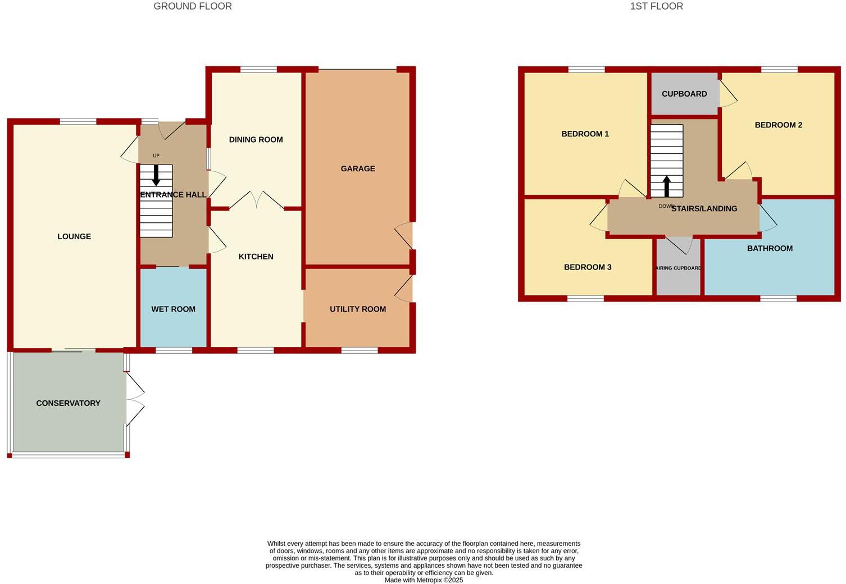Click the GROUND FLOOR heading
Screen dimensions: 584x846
point(193,7)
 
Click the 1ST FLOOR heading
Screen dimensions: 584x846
point(656,7)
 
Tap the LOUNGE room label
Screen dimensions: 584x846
point(74,236)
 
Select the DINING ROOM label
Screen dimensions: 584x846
point(256,140)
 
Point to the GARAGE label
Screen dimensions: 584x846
point(358,168)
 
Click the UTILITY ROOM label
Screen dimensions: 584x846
point(358,309)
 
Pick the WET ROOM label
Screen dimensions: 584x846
point(173,309)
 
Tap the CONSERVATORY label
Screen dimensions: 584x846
point(68,403)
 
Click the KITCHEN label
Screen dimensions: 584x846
point(256,257)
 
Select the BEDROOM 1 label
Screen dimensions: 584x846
point(585,134)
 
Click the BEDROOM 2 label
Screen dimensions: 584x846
point(778,125)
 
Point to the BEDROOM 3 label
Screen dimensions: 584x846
point(588,267)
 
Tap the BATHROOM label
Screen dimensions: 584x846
point(770,248)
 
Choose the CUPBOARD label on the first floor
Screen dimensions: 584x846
point(684,94)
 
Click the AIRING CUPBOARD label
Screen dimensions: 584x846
point(679,268)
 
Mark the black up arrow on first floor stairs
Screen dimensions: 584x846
point(667,186)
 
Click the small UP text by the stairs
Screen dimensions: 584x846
point(156,156)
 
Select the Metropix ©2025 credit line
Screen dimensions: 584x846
point(424,580)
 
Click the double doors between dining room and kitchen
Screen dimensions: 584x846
point(256,200)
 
